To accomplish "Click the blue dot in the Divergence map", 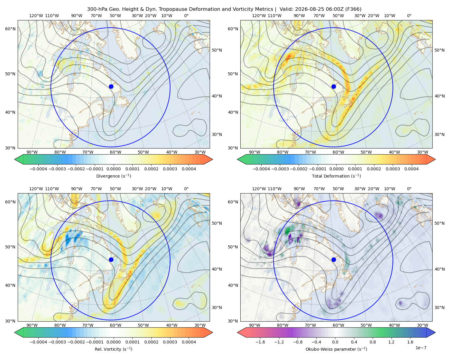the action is pyautogui.click(x=111, y=86).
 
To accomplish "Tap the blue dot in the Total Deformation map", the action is pyautogui.click(x=334, y=86).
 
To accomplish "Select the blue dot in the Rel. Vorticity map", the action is pyautogui.click(x=111, y=259).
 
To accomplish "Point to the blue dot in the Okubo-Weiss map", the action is pyautogui.click(x=334, y=259).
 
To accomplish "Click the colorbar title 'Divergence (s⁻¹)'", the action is pyautogui.click(x=113, y=176).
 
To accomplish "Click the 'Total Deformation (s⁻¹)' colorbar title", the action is pyautogui.click(x=336, y=176).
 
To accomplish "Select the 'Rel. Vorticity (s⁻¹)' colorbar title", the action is pyautogui.click(x=113, y=349).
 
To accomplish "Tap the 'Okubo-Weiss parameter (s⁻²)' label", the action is pyautogui.click(x=336, y=349).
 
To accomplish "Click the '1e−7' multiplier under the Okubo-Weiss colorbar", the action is pyautogui.click(x=421, y=348).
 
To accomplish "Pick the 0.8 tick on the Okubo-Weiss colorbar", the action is pyautogui.click(x=373, y=342).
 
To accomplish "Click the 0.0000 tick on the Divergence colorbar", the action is pyautogui.click(x=113, y=169).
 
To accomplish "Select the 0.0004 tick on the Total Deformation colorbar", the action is pyautogui.click(x=412, y=169).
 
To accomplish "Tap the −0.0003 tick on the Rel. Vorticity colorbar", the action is pyautogui.click(x=57, y=342).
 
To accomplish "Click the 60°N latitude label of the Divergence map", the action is pyautogui.click(x=10, y=29).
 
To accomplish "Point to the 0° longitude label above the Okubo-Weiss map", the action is pyautogui.click(x=409, y=189).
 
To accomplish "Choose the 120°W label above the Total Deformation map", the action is pyautogui.click(x=259, y=16).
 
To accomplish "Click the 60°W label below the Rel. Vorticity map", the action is pyautogui.click(x=115, y=325).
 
